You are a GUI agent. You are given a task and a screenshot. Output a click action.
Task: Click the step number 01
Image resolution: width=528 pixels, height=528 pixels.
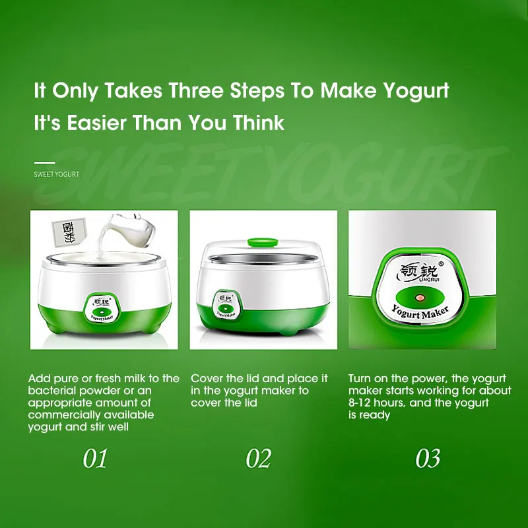coord(95,459)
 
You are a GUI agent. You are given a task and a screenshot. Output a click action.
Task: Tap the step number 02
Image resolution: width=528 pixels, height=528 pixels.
coord(258,459)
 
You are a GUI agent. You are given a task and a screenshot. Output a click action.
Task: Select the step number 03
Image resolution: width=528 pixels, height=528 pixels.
coord(428,459)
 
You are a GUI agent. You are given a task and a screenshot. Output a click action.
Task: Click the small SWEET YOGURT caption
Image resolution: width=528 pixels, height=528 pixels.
coord(57,174)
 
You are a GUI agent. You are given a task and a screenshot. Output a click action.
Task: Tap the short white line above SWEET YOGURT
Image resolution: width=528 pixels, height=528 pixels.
coord(44,162)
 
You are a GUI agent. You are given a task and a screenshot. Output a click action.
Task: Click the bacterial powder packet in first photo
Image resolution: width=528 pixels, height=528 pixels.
coord(69,232)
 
